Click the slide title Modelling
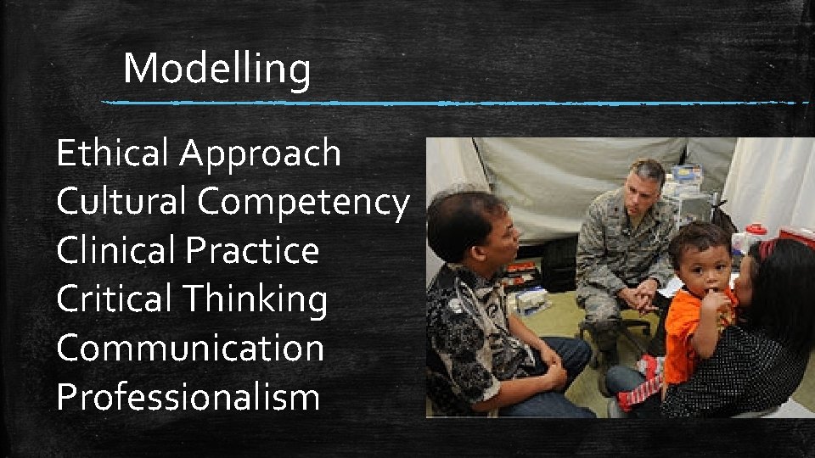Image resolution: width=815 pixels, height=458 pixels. click(216, 69)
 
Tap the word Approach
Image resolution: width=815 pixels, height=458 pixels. click(260, 154)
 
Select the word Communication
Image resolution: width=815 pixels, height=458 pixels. click(190, 348)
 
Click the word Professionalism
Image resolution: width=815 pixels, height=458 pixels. click(188, 396)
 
